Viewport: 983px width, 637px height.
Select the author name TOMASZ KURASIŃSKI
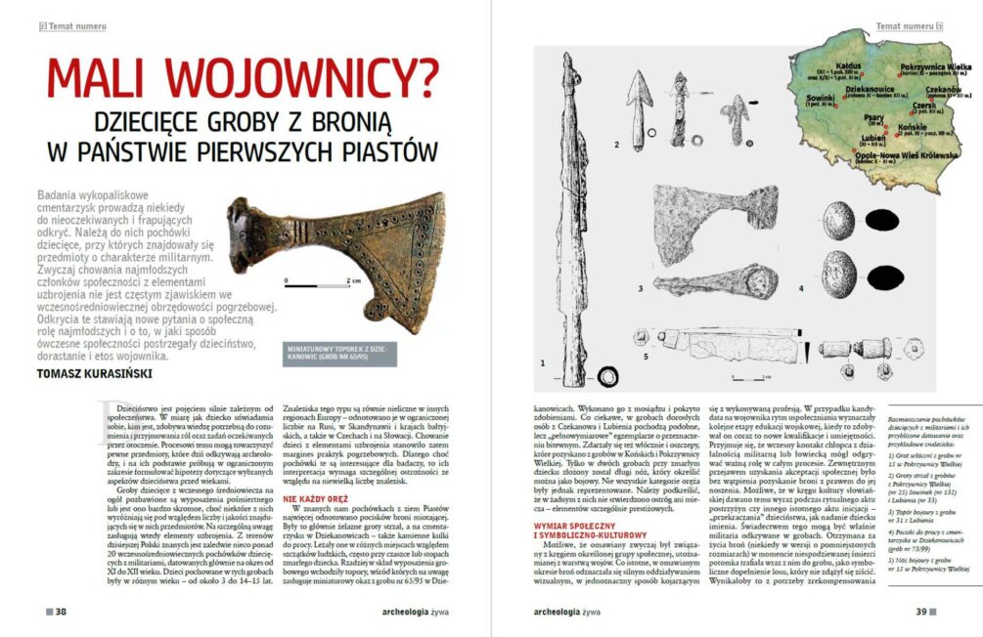tap(95, 372)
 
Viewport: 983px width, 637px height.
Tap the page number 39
tap(920, 613)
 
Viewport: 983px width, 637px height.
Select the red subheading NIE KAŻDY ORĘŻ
tap(315, 498)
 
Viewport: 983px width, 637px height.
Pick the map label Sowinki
tap(821, 98)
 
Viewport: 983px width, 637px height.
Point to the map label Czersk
tap(924, 106)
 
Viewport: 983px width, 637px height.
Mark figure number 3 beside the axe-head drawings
tap(641, 289)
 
